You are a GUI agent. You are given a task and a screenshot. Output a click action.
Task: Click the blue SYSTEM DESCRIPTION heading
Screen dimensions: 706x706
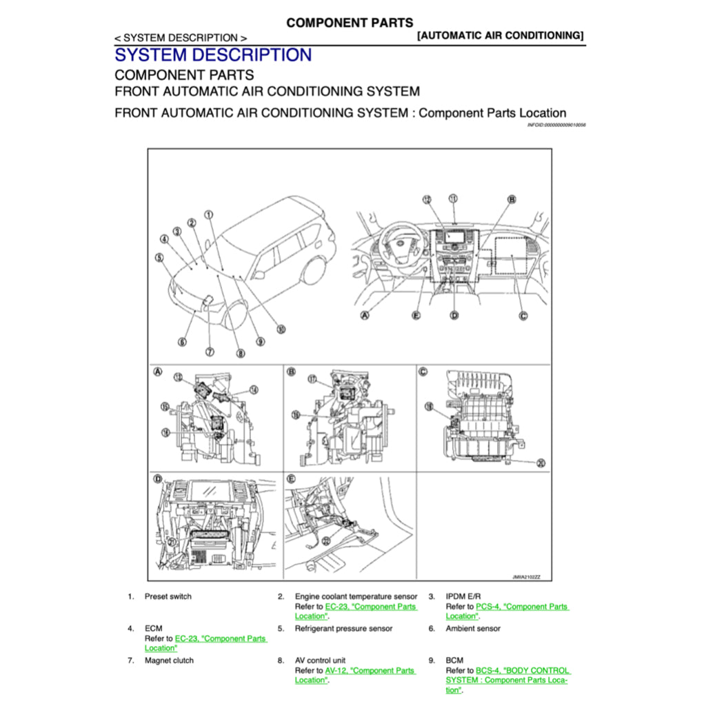pyautogui.click(x=213, y=55)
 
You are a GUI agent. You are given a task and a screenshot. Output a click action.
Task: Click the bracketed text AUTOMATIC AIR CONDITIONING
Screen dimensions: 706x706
pyautogui.click(x=501, y=35)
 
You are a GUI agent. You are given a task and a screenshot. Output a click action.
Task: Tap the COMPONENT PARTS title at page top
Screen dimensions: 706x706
pyautogui.click(x=350, y=23)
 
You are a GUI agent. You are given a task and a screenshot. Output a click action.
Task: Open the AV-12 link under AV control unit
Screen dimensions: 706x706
pyautogui.click(x=370, y=670)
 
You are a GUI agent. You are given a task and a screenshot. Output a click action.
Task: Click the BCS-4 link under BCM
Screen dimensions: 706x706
pyautogui.click(x=523, y=670)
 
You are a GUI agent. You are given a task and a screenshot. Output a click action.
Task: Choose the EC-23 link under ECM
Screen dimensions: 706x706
pyautogui.click(x=221, y=638)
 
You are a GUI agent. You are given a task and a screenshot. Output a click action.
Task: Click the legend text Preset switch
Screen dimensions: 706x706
pyautogui.click(x=168, y=596)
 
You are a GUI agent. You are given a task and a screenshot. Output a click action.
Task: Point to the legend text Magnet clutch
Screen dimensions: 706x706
pyautogui.click(x=169, y=660)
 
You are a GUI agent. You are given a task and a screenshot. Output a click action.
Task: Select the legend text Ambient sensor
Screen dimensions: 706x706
pyautogui.click(x=473, y=629)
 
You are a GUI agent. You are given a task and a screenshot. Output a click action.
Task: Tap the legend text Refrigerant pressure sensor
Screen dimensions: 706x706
pyautogui.click(x=343, y=629)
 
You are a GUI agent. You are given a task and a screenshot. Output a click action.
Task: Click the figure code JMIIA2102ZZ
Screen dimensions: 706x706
pyautogui.click(x=526, y=576)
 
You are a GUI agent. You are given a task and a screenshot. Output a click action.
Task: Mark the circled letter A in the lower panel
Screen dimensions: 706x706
pyautogui.click(x=158, y=372)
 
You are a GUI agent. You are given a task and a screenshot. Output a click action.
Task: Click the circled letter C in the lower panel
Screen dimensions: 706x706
pyautogui.click(x=423, y=372)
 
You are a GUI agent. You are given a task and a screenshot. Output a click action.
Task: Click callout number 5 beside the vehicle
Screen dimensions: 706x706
pyautogui.click(x=159, y=258)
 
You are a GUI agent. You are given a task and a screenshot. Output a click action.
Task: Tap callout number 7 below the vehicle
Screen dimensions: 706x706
pyautogui.click(x=210, y=352)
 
